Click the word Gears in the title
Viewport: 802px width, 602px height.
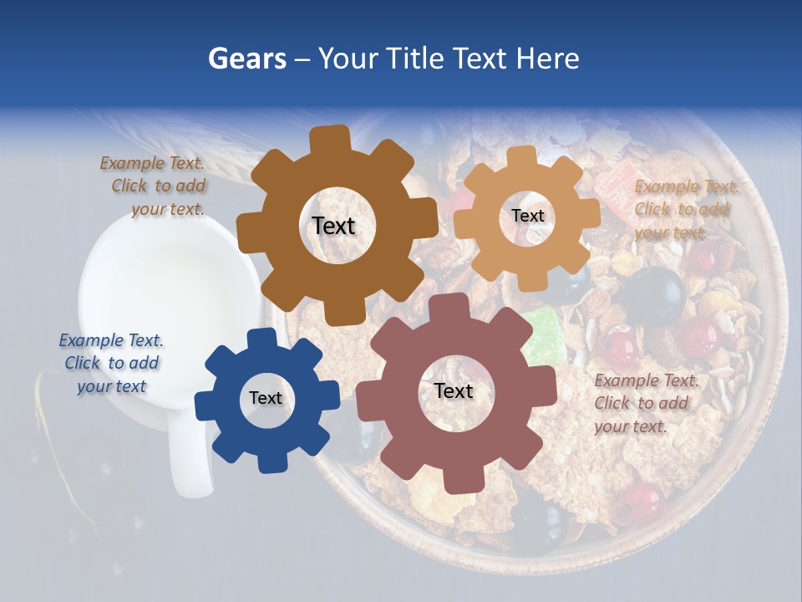(x=246, y=59)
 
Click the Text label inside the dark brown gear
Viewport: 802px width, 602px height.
(x=333, y=226)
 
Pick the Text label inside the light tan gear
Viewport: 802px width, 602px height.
(x=527, y=216)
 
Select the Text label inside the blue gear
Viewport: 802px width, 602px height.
(x=266, y=398)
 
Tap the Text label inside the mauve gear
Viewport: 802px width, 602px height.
(x=454, y=390)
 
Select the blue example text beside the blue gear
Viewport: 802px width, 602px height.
(x=111, y=363)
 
